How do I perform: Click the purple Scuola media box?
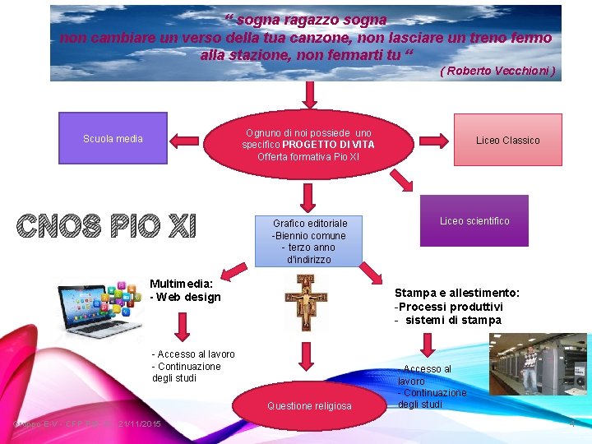pyautogui.click(x=113, y=138)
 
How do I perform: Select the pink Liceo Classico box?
pyautogui.click(x=507, y=140)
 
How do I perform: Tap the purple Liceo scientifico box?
pyautogui.click(x=474, y=220)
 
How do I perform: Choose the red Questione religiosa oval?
pyautogui.click(x=309, y=405)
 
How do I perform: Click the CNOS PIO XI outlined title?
pyautogui.click(x=106, y=225)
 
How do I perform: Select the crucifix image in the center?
pyautogui.click(x=306, y=302)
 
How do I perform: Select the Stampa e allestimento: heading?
pyautogui.click(x=457, y=293)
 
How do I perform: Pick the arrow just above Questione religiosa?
pyautogui.click(x=306, y=355)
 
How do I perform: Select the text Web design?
pyautogui.click(x=189, y=297)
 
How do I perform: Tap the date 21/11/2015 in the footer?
pyautogui.click(x=140, y=423)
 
